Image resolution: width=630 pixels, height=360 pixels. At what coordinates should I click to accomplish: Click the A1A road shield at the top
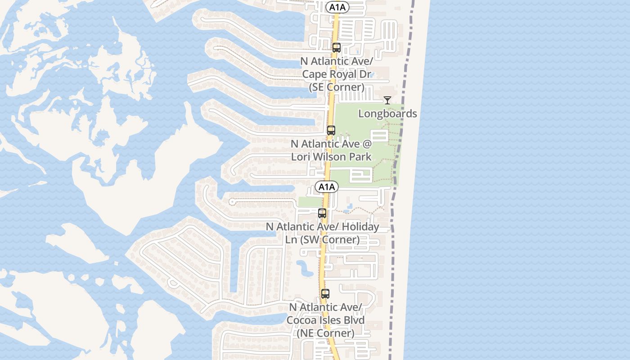coord(337,7)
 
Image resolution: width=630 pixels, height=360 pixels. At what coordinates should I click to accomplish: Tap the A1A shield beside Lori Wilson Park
coord(326,187)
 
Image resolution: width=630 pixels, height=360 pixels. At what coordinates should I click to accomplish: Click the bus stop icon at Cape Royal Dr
coord(336,48)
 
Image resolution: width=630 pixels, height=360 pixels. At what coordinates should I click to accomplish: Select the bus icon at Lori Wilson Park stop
coord(331,130)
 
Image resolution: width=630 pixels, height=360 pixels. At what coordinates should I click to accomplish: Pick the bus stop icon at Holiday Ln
coord(322,213)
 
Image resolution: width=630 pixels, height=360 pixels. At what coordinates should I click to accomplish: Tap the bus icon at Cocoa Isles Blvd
coord(325,294)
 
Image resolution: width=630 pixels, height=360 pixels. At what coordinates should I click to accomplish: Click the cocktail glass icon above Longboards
coord(387,100)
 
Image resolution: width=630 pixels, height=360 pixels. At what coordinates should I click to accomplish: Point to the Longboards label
coord(387,113)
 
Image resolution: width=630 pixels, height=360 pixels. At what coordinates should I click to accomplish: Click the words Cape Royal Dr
coord(333,74)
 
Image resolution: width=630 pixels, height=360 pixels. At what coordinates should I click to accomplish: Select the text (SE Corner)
coord(337,87)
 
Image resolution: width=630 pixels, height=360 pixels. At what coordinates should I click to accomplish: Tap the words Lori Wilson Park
coord(331,157)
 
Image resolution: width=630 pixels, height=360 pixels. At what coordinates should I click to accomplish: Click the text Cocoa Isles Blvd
coord(325,320)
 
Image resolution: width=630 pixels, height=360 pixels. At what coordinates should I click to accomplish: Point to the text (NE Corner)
coord(325,333)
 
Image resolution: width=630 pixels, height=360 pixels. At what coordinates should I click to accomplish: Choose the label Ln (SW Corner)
coord(322,239)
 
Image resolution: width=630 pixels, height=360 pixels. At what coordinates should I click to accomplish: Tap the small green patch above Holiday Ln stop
coord(310,202)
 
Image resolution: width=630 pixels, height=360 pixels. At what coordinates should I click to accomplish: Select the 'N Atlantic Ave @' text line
coord(331,144)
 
